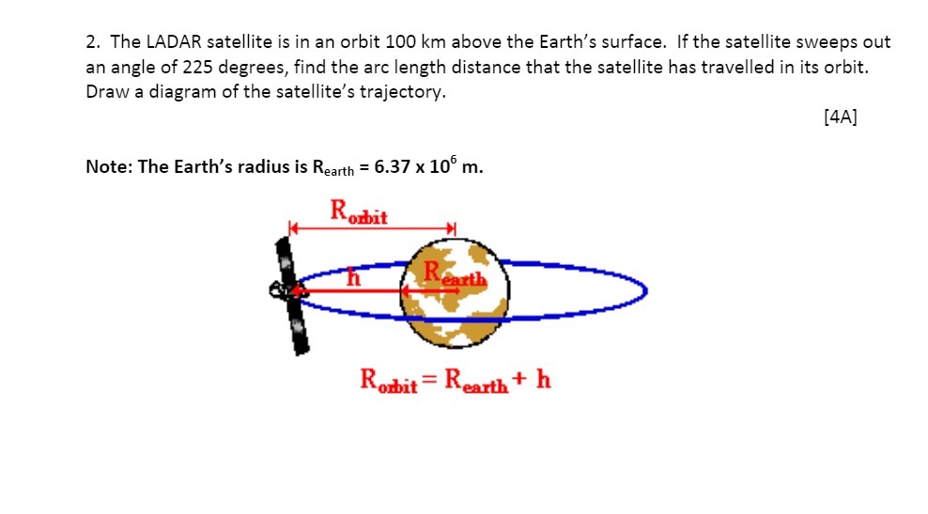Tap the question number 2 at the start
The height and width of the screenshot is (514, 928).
coord(91,42)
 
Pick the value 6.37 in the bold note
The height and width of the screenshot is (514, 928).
coord(393,166)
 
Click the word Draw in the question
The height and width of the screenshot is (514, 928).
coord(105,93)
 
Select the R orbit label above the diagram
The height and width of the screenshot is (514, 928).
coord(359,210)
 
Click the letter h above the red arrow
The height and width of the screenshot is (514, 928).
coord(354,277)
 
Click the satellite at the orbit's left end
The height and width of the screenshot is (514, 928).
coord(290,293)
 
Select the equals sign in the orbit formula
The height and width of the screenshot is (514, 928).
coord(430,381)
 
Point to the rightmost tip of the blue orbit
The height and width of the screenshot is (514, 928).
coord(647,291)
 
